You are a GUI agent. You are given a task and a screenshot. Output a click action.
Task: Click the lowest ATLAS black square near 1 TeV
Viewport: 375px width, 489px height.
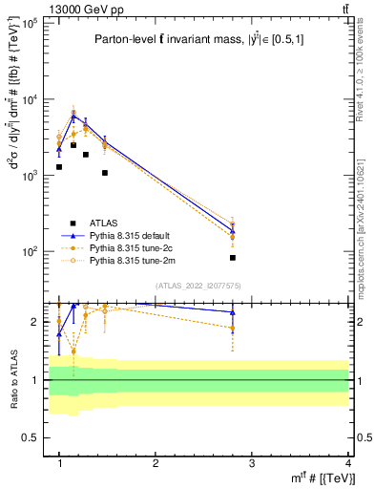[x=59, y=167]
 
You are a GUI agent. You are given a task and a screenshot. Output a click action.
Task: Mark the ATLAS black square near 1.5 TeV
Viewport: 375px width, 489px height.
[x=105, y=173]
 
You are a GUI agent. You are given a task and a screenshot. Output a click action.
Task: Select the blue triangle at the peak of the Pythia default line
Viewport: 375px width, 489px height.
[x=73, y=117]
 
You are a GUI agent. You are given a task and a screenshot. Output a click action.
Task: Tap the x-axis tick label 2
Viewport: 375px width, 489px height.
[x=156, y=461]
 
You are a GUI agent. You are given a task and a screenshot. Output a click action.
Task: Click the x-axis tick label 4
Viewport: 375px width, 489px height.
[x=347, y=461]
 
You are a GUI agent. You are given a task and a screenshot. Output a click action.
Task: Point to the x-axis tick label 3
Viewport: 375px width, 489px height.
[x=252, y=461]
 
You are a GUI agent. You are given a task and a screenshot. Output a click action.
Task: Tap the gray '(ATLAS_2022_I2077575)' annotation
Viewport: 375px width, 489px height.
[x=198, y=284]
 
